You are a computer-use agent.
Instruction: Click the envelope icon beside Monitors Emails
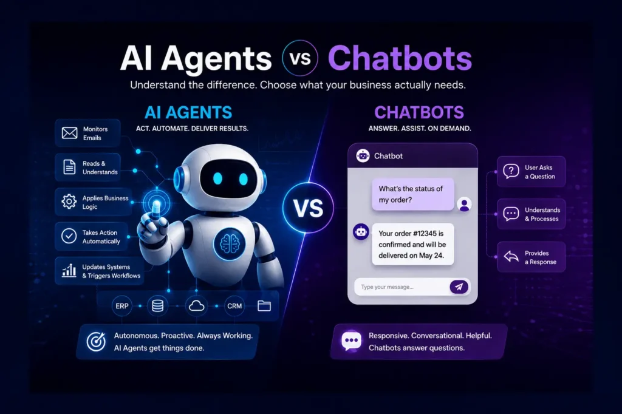tap(69, 133)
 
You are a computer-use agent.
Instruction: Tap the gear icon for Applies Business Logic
tap(69, 202)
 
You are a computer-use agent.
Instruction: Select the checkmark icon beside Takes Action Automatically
tap(69, 236)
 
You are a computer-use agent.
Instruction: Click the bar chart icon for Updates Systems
tap(69, 271)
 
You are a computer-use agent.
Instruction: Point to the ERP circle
tap(121, 306)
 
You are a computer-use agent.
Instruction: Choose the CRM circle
tap(234, 306)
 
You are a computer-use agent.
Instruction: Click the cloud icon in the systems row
tap(196, 306)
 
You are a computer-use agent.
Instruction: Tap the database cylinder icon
tap(157, 306)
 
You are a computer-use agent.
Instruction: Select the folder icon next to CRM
tap(264, 306)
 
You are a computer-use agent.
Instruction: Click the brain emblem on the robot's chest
tap(229, 243)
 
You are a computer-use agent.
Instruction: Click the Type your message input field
tap(401, 287)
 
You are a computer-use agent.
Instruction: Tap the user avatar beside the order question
tap(464, 204)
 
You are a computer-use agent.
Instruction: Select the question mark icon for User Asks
tap(511, 172)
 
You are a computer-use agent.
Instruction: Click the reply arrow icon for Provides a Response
tap(511, 257)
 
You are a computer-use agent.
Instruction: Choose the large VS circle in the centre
tap(308, 208)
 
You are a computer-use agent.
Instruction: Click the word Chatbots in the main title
tap(400, 59)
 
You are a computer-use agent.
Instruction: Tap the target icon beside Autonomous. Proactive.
tap(96, 342)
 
